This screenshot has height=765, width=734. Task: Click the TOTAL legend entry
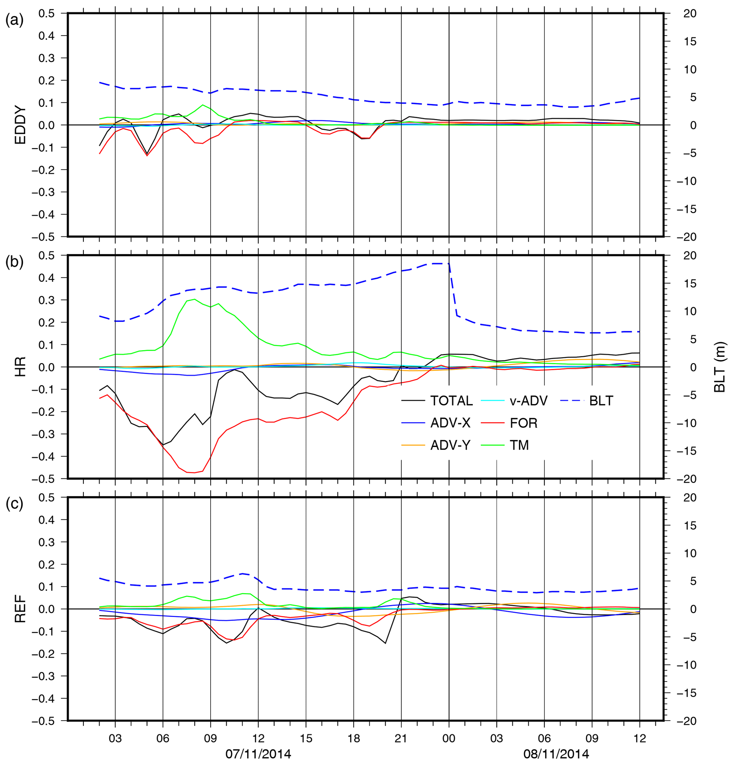point(451,401)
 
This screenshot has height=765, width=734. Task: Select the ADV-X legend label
point(450,423)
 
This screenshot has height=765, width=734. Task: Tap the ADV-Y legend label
point(450,446)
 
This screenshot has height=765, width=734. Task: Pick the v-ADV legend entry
point(529,401)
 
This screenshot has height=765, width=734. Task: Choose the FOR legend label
point(523,423)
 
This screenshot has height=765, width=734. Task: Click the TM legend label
point(519,446)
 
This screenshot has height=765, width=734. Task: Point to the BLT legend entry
point(601,401)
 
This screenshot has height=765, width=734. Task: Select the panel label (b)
point(15,262)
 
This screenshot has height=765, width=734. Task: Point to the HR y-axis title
point(20,367)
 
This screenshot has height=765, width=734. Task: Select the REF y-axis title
point(20,609)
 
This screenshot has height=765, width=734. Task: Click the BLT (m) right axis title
point(719,367)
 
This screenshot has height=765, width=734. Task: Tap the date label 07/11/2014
point(258,754)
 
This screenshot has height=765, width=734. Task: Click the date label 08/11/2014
point(556,754)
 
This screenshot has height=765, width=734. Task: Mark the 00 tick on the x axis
point(449,738)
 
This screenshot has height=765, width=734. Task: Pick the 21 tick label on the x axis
point(401,738)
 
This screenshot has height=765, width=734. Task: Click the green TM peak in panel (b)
point(195,299)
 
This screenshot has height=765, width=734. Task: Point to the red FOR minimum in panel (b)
point(195,472)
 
